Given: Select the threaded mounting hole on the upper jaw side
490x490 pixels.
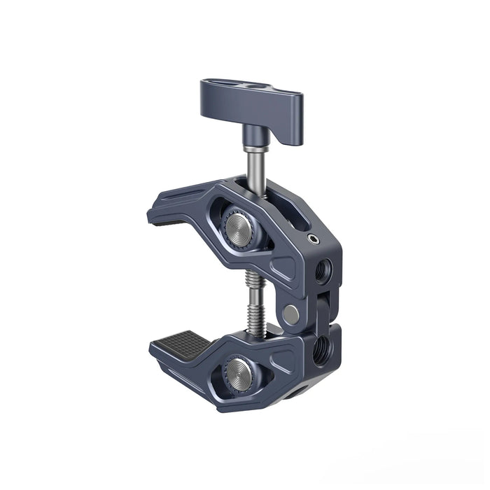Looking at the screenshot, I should (x=323, y=269).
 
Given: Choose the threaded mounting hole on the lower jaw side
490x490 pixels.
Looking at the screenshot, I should (x=324, y=343).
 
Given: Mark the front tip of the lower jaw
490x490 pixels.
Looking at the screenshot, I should (x=155, y=348).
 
